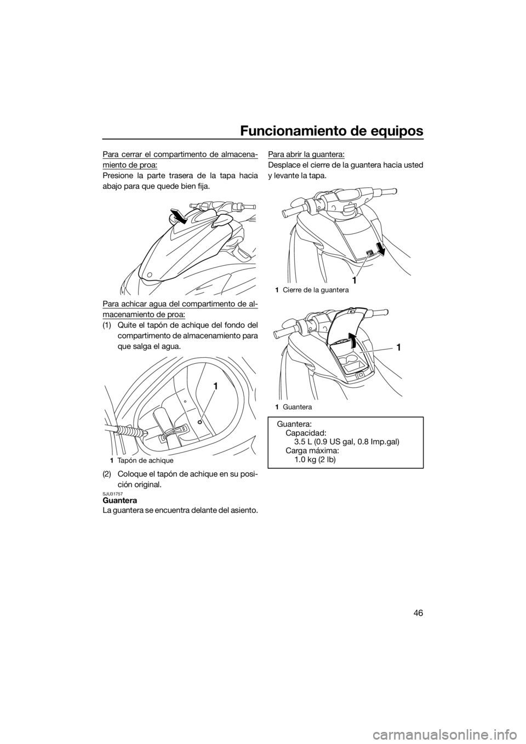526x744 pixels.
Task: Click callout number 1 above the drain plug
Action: point(215,386)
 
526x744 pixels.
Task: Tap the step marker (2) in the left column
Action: point(107,473)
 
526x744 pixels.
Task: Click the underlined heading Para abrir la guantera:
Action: point(306,154)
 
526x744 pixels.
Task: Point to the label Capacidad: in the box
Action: point(306,433)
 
